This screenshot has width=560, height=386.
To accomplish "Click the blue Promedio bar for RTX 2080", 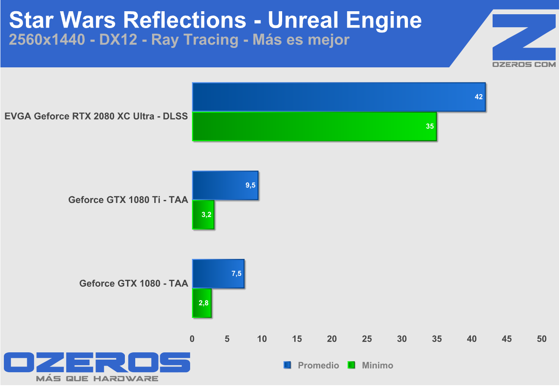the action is [339, 97].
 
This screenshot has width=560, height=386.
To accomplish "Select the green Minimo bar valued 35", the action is [315, 127].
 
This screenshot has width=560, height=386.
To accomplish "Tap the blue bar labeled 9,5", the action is [225, 185].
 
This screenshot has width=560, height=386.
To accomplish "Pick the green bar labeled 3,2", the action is [203, 215].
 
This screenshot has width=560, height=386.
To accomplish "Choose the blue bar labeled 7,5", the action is [218, 274].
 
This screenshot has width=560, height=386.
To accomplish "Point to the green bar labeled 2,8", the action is [202, 303].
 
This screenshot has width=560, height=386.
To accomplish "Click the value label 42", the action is [478, 97].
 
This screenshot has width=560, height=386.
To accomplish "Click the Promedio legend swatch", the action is [287, 365].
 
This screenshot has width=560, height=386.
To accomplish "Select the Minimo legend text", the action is [378, 365].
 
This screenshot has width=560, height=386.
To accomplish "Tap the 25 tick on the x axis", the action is [367, 339].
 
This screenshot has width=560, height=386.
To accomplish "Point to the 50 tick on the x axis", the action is [542, 339].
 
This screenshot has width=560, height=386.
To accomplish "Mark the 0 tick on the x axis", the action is [192, 339].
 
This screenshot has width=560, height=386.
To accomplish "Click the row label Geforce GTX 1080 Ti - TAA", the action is [128, 200].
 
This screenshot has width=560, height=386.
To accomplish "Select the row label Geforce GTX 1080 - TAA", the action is [134, 283].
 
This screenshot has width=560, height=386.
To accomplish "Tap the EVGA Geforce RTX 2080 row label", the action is [96, 116].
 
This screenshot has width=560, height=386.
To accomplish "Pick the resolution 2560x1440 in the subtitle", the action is [47, 39].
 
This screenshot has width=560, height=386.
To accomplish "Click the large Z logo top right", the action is [524, 37].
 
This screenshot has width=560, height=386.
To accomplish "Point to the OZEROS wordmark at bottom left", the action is [97, 362].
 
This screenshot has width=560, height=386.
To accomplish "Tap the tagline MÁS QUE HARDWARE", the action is [97, 379].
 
